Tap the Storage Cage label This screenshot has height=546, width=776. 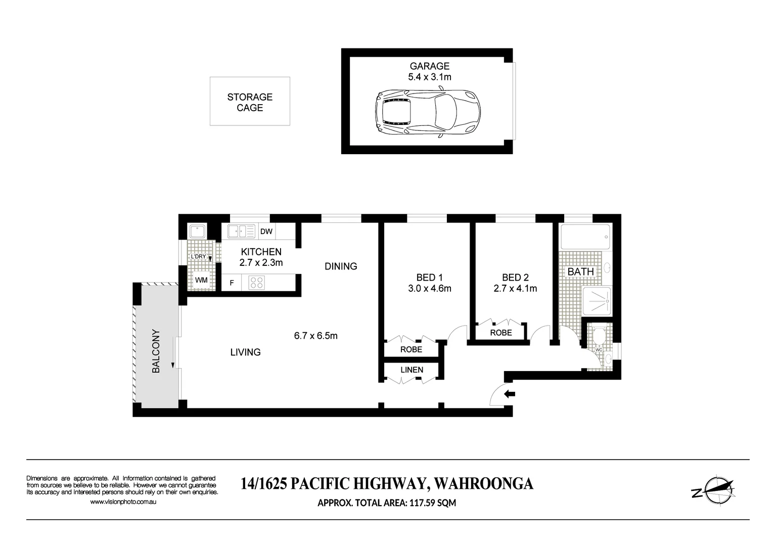pyautogui.click(x=250, y=102)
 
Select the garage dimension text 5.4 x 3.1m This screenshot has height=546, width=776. pyautogui.click(x=430, y=77)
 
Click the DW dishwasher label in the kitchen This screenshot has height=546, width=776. pyautogui.click(x=266, y=232)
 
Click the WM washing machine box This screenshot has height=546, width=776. pyautogui.click(x=201, y=280)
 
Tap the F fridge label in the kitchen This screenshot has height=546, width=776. pyautogui.click(x=232, y=283)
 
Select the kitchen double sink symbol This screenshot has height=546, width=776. pyautogui.click(x=241, y=232)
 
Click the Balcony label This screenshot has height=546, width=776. pyautogui.click(x=156, y=351)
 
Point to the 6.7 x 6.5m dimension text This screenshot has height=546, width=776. pyautogui.click(x=315, y=335)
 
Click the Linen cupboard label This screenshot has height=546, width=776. pyautogui.click(x=412, y=370)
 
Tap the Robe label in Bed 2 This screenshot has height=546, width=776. pyautogui.click(x=500, y=333)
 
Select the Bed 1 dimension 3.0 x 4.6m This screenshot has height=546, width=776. pyautogui.click(x=429, y=289)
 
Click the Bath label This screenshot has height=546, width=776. pyautogui.click(x=580, y=271)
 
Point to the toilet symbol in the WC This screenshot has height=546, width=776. pyautogui.click(x=600, y=336)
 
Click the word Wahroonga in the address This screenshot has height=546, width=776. pyautogui.click(x=484, y=484)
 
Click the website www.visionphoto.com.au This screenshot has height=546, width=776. pyautogui.click(x=123, y=502)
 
